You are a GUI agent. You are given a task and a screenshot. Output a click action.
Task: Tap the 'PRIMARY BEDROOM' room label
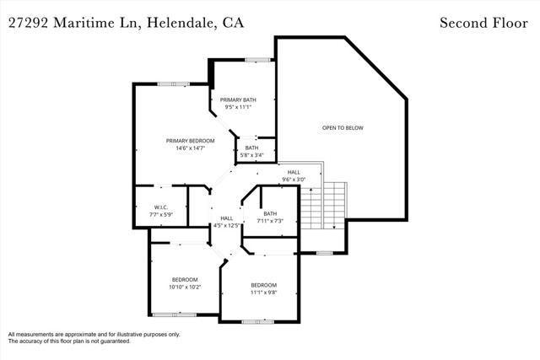[x=190, y=141]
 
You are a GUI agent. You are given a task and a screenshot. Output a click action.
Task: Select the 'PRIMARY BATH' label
[x=238, y=99]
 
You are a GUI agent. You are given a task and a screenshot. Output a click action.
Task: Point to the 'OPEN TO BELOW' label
[x=343, y=127]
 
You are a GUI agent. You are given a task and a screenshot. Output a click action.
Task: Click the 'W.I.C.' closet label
[x=162, y=207]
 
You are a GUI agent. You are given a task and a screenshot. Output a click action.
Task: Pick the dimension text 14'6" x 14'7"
[x=190, y=148]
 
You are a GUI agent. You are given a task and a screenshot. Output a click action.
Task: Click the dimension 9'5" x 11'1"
[x=238, y=107]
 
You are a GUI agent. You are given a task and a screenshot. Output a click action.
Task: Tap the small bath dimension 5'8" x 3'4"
[x=252, y=155]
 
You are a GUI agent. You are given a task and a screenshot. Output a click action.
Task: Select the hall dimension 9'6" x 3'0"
[x=294, y=179]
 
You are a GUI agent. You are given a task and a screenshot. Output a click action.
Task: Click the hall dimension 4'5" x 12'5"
[x=226, y=225]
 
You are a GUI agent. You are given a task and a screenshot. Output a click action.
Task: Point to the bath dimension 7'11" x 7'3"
[x=270, y=221]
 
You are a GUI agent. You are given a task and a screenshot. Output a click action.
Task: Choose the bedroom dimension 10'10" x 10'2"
[x=185, y=287]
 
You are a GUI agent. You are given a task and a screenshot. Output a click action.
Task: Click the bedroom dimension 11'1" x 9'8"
[x=263, y=293]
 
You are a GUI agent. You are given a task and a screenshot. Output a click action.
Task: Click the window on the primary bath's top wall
[x=256, y=59]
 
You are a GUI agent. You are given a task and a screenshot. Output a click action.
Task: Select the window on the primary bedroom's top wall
[x=173, y=83]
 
